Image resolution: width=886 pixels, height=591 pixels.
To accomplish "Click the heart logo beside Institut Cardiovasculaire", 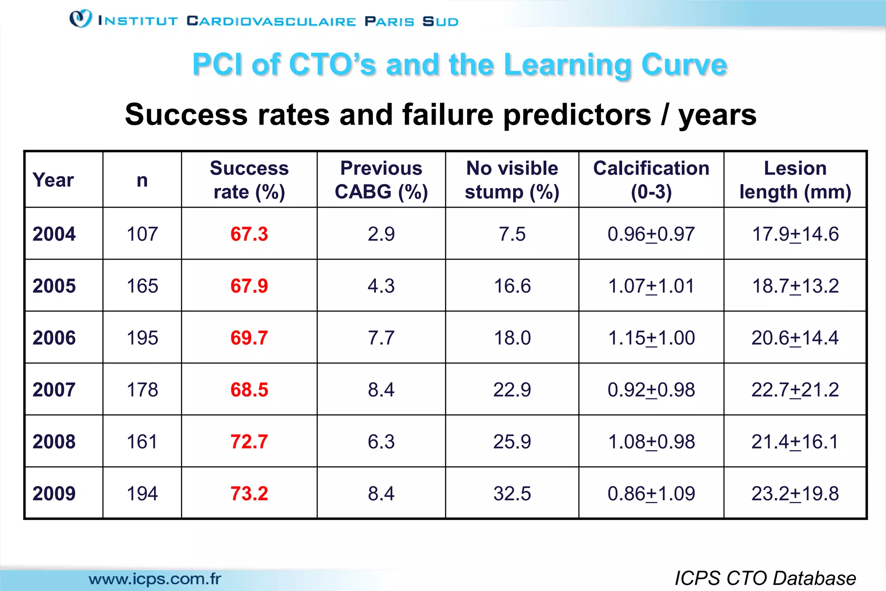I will click(x=80, y=19).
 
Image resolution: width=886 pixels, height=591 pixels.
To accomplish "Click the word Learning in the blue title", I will click(x=567, y=65).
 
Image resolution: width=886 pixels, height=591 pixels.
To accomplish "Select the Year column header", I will click(x=53, y=180).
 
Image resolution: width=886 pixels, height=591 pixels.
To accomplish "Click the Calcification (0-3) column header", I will click(x=651, y=180).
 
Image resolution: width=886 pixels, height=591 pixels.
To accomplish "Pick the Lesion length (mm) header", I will click(x=795, y=180).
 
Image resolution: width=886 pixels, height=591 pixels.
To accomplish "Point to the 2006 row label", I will click(x=54, y=338).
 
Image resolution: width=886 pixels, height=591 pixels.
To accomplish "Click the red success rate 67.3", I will click(x=249, y=234).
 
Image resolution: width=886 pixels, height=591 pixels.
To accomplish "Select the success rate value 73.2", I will click(x=249, y=494).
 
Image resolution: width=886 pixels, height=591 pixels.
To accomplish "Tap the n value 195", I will click(x=142, y=338).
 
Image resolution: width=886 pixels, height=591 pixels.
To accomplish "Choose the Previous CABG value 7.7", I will click(x=381, y=338).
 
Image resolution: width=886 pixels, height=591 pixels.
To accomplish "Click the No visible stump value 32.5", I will click(x=512, y=494).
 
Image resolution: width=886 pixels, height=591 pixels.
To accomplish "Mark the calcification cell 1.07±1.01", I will click(x=651, y=286).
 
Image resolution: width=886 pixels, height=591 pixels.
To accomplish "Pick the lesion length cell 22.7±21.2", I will click(x=795, y=390).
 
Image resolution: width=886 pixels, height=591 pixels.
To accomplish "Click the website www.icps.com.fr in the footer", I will click(x=155, y=579).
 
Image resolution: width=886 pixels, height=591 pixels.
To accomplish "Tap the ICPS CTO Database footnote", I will click(x=765, y=578).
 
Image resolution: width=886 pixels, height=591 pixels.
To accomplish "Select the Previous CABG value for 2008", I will click(x=381, y=442).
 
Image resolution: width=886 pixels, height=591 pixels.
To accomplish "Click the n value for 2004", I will click(x=142, y=234).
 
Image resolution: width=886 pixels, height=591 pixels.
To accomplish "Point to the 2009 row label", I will click(x=54, y=494).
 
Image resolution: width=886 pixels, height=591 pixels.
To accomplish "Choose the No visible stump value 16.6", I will click(x=512, y=286).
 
